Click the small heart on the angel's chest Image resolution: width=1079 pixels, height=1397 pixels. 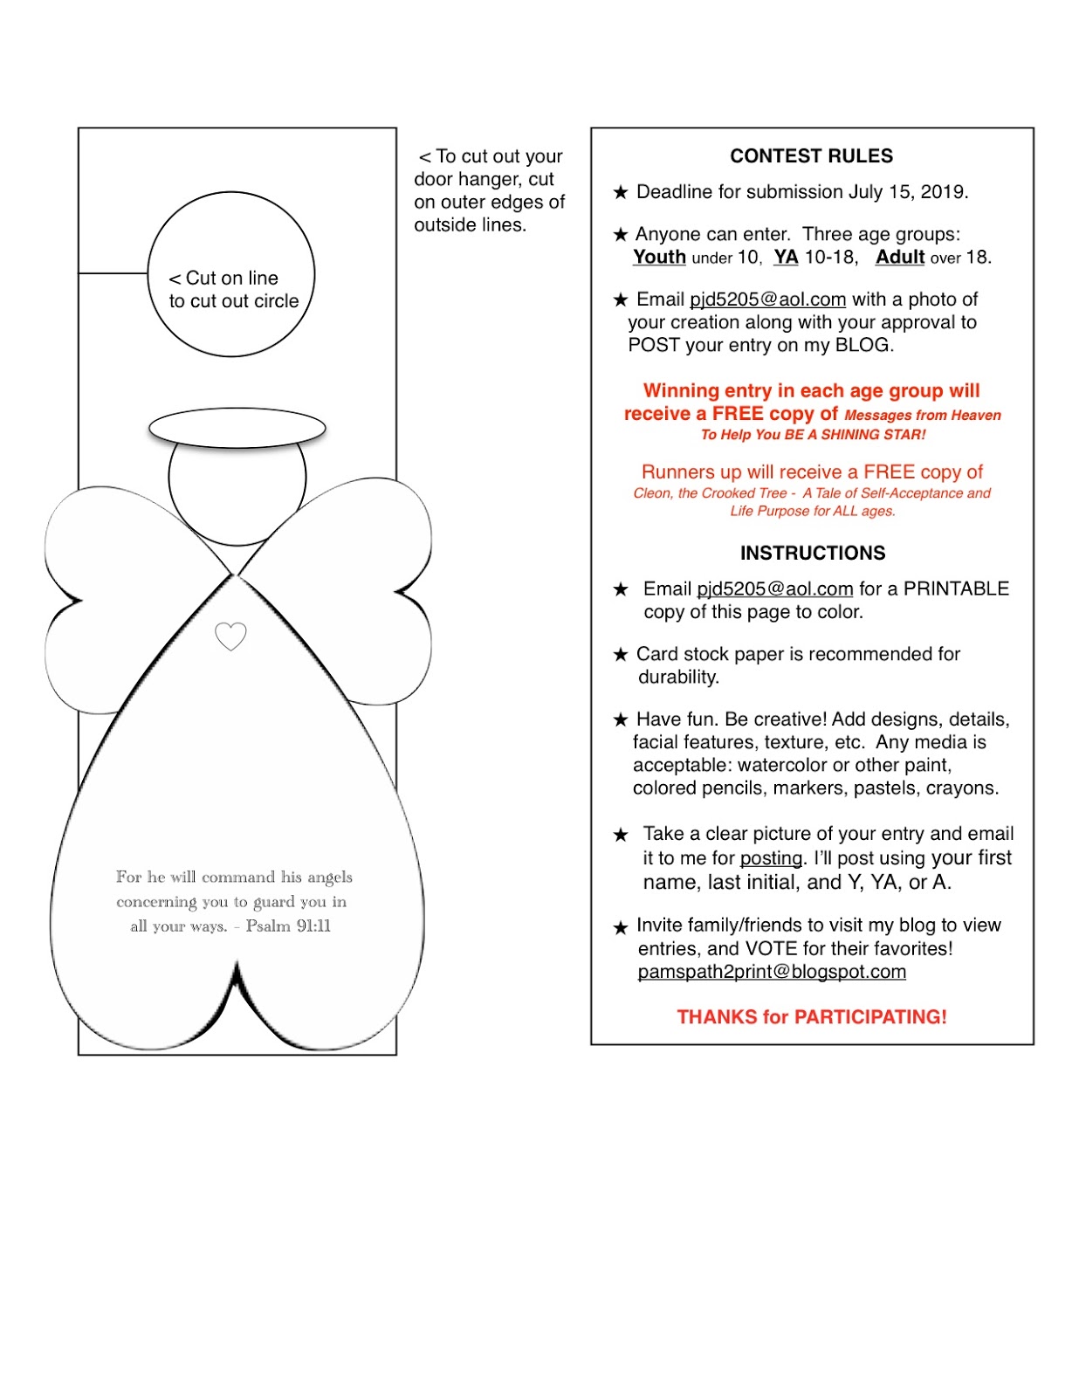point(230,636)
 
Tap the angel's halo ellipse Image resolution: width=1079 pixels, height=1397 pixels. point(237,428)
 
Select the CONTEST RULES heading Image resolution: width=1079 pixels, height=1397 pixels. point(811,156)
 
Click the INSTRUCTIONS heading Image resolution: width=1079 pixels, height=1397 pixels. point(812,554)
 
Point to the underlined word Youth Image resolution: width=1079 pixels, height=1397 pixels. point(659,258)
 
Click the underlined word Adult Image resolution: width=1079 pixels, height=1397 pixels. point(899,258)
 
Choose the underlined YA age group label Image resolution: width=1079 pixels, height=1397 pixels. point(786,258)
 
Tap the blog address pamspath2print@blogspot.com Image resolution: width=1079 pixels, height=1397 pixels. point(772,972)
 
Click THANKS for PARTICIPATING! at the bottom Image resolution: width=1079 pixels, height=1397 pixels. point(811,1017)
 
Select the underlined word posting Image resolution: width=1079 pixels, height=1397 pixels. point(770,858)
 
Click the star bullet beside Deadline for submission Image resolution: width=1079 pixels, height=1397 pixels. point(621,192)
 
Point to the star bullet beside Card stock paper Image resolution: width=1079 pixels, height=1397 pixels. point(621,655)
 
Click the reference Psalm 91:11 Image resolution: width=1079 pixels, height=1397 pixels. point(288,926)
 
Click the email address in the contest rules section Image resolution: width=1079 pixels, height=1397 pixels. point(767,299)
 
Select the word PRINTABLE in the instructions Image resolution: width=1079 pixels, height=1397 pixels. point(956,589)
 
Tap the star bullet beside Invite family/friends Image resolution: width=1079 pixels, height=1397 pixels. point(621,927)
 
